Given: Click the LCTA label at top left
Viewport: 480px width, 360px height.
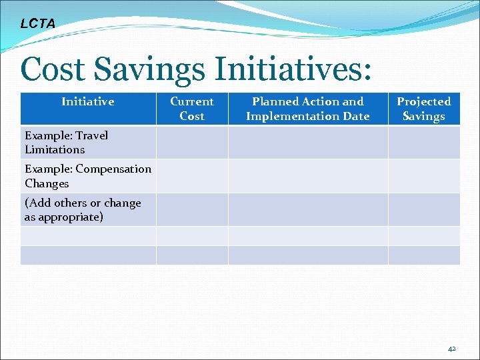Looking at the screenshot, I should pyautogui.click(x=38, y=24).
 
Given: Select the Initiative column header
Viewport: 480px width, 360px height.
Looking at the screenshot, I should pyautogui.click(x=88, y=101).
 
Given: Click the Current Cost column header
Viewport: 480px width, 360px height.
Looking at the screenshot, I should pyautogui.click(x=192, y=109).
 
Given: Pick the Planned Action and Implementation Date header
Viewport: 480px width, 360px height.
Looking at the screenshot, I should pyautogui.click(x=308, y=109).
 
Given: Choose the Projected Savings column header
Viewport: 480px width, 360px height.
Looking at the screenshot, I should pyautogui.click(x=424, y=109).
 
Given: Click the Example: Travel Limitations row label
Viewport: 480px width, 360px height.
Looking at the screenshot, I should pyautogui.click(x=66, y=143).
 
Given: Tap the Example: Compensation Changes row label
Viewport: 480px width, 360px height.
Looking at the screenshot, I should pyautogui.click(x=87, y=176).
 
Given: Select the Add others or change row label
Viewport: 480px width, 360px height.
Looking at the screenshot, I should pyautogui.click(x=83, y=210).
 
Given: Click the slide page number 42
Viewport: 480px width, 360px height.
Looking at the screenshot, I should pyautogui.click(x=452, y=348).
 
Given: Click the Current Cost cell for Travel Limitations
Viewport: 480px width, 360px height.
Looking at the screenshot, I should pyautogui.click(x=192, y=143).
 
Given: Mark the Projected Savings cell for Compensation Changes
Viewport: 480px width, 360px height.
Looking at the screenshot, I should pyautogui.click(x=424, y=176).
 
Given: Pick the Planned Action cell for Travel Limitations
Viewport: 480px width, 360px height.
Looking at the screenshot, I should pyautogui.click(x=308, y=143).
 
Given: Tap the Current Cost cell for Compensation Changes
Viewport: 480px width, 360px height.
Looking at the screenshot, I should pyautogui.click(x=192, y=176).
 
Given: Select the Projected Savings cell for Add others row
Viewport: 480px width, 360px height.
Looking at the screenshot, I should pyautogui.click(x=424, y=210).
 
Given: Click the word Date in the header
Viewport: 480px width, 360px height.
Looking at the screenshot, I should pyautogui.click(x=355, y=116).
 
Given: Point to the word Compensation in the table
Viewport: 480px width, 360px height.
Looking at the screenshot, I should pyautogui.click(x=113, y=169).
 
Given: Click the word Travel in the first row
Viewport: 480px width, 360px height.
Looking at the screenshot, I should pyautogui.click(x=92, y=135).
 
